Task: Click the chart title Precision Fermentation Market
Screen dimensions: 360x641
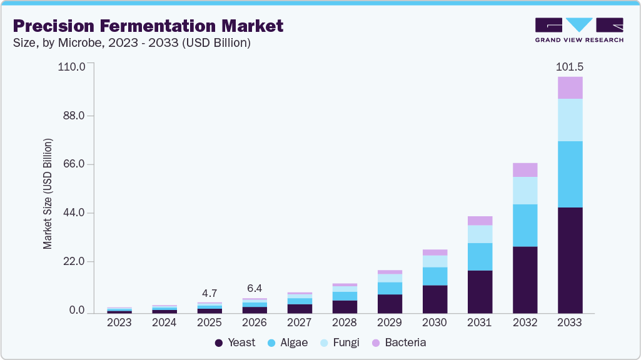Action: pyautogui.click(x=148, y=26)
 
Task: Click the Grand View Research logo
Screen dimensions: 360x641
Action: pyautogui.click(x=579, y=30)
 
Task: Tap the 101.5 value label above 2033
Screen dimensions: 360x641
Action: pyautogui.click(x=570, y=67)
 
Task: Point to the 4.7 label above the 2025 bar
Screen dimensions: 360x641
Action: pyautogui.click(x=209, y=293)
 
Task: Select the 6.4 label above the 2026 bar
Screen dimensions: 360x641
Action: pyautogui.click(x=255, y=289)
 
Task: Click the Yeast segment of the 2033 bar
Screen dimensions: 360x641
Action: pyautogui.click(x=570, y=260)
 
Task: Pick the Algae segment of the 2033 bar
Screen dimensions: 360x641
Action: pyautogui.click(x=570, y=174)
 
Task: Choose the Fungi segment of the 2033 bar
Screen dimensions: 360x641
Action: pyautogui.click(x=570, y=120)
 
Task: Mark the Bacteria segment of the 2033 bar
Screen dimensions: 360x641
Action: pyautogui.click(x=570, y=87)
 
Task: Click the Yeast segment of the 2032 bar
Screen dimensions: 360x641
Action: pyautogui.click(x=525, y=279)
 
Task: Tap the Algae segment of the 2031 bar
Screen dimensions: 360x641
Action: pyautogui.click(x=480, y=257)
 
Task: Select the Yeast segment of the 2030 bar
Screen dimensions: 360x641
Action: pyautogui.click(x=435, y=299)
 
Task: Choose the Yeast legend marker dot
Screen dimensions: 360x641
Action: pyautogui.click(x=219, y=342)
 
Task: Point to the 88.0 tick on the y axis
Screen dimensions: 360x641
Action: pyautogui.click(x=72, y=116)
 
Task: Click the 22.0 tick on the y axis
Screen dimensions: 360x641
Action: pyautogui.click(x=72, y=261)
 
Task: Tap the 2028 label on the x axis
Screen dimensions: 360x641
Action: pyautogui.click(x=345, y=322)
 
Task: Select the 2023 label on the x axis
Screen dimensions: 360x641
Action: pyautogui.click(x=119, y=322)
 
